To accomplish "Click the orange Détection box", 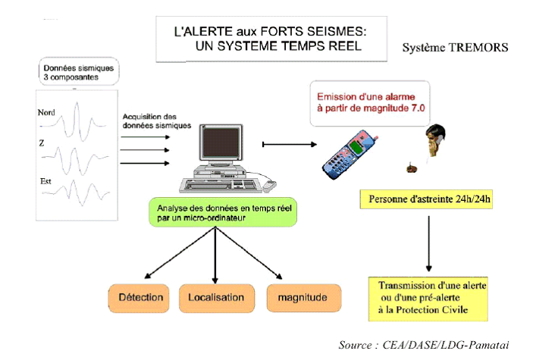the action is click(139, 298).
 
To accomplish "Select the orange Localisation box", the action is click(217, 298).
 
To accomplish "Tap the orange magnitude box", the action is click(304, 298).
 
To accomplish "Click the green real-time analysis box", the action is click(223, 212).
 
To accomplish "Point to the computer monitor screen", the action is click(221, 142).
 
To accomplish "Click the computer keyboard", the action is click(221, 186).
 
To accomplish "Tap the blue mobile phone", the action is click(350, 155).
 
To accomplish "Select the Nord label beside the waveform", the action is click(46, 112).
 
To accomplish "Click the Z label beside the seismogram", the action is click(42, 143).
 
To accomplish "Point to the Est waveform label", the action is click(45, 182).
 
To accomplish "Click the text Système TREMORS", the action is click(455, 47).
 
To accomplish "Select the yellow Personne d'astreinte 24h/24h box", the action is click(426, 199).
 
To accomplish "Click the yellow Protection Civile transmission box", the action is click(428, 299).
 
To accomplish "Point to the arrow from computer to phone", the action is click(290, 145).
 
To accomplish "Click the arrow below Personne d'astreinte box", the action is click(429, 243).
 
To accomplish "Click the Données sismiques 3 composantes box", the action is click(79, 71).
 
